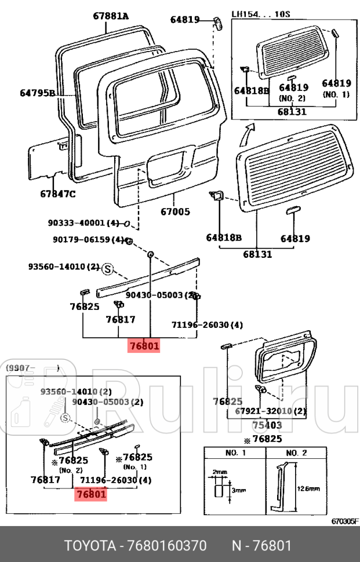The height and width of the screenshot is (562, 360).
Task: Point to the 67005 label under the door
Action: [x=175, y=211]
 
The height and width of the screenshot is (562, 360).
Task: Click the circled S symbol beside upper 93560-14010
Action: [x=107, y=269]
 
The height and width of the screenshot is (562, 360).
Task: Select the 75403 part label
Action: [x=270, y=425]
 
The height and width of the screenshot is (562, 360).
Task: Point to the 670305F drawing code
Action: [x=345, y=521]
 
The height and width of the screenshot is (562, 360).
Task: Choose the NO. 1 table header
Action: [x=235, y=452]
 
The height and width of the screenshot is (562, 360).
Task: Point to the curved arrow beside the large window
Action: [x=247, y=134]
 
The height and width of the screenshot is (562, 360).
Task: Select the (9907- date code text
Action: [x=23, y=368]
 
